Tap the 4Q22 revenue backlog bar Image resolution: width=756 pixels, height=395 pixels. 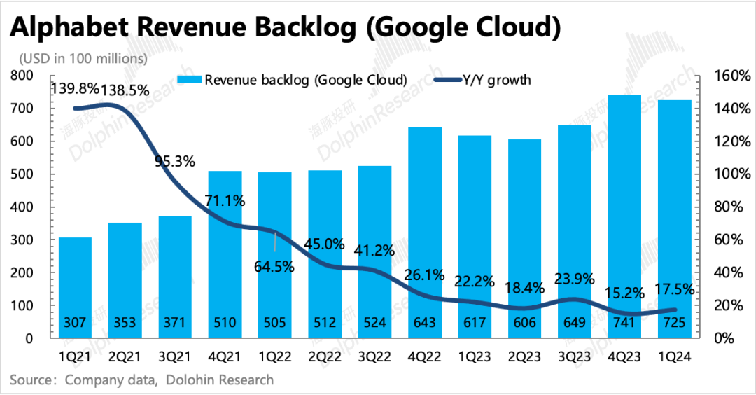click(x=425, y=224)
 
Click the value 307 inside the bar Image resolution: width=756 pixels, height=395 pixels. click(x=75, y=323)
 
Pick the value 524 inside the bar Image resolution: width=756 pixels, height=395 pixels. click(x=375, y=323)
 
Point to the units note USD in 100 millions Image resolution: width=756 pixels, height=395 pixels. click(x=83, y=58)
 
